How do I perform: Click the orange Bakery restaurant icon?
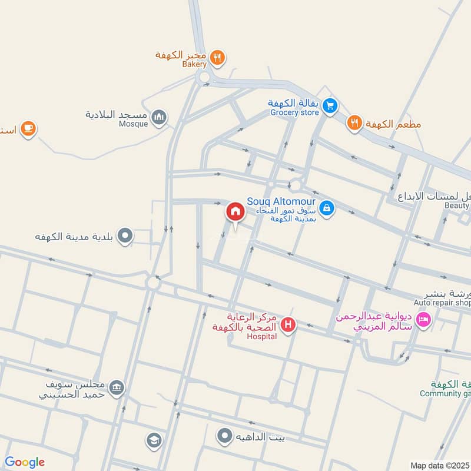point(218,57)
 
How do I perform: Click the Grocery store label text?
point(294,112)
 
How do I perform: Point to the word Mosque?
point(134,124)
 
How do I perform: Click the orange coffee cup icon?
point(27,128)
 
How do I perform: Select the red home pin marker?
point(235,211)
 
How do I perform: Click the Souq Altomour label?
point(281,201)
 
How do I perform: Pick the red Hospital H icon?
point(288,324)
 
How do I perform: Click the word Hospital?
point(262,337)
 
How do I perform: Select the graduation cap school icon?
point(154,439)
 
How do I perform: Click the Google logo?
point(25,462)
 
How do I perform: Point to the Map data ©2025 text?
point(439,465)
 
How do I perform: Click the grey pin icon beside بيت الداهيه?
point(224,436)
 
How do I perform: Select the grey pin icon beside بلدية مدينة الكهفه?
point(125,237)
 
